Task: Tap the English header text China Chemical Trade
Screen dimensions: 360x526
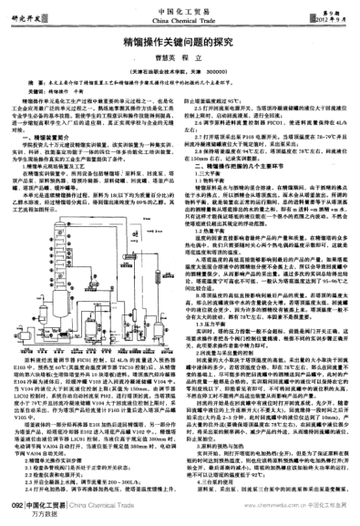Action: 179,17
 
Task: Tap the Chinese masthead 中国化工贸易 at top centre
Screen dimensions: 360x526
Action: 179,8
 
